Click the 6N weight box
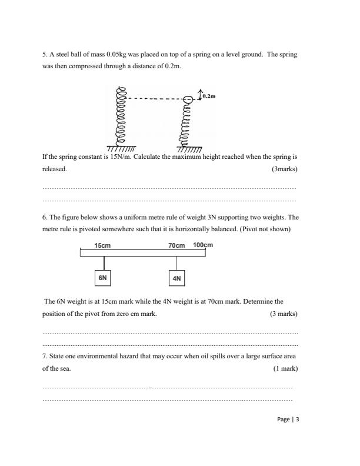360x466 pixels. (x=103, y=277)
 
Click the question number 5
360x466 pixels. (x=44, y=55)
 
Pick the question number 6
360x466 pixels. (x=44, y=217)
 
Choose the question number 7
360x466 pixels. (x=44, y=357)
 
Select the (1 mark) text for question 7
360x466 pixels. (x=285, y=369)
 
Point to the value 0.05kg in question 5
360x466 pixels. (x=116, y=55)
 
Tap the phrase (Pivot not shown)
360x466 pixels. (x=265, y=229)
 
